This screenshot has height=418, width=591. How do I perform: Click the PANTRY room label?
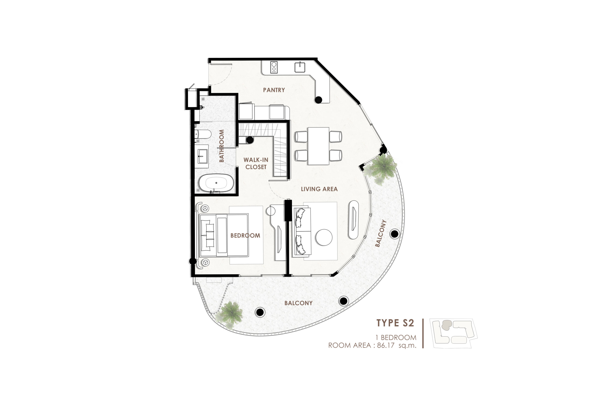click(274, 90)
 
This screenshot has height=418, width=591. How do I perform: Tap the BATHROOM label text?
click(221, 146)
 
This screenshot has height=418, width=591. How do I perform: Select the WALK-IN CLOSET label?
click(256, 163)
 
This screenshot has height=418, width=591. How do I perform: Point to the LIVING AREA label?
click(319, 189)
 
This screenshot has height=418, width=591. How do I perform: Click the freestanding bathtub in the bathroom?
click(216, 183)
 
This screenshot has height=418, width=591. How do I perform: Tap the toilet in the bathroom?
click(203, 134)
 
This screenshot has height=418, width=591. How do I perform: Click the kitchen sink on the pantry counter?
click(300, 67)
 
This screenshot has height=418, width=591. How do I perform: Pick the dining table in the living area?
click(318, 146)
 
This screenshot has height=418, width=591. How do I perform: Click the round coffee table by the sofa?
click(324, 237)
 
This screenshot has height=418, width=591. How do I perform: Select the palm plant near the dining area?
click(380, 169)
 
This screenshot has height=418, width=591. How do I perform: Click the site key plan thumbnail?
click(454, 333)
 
